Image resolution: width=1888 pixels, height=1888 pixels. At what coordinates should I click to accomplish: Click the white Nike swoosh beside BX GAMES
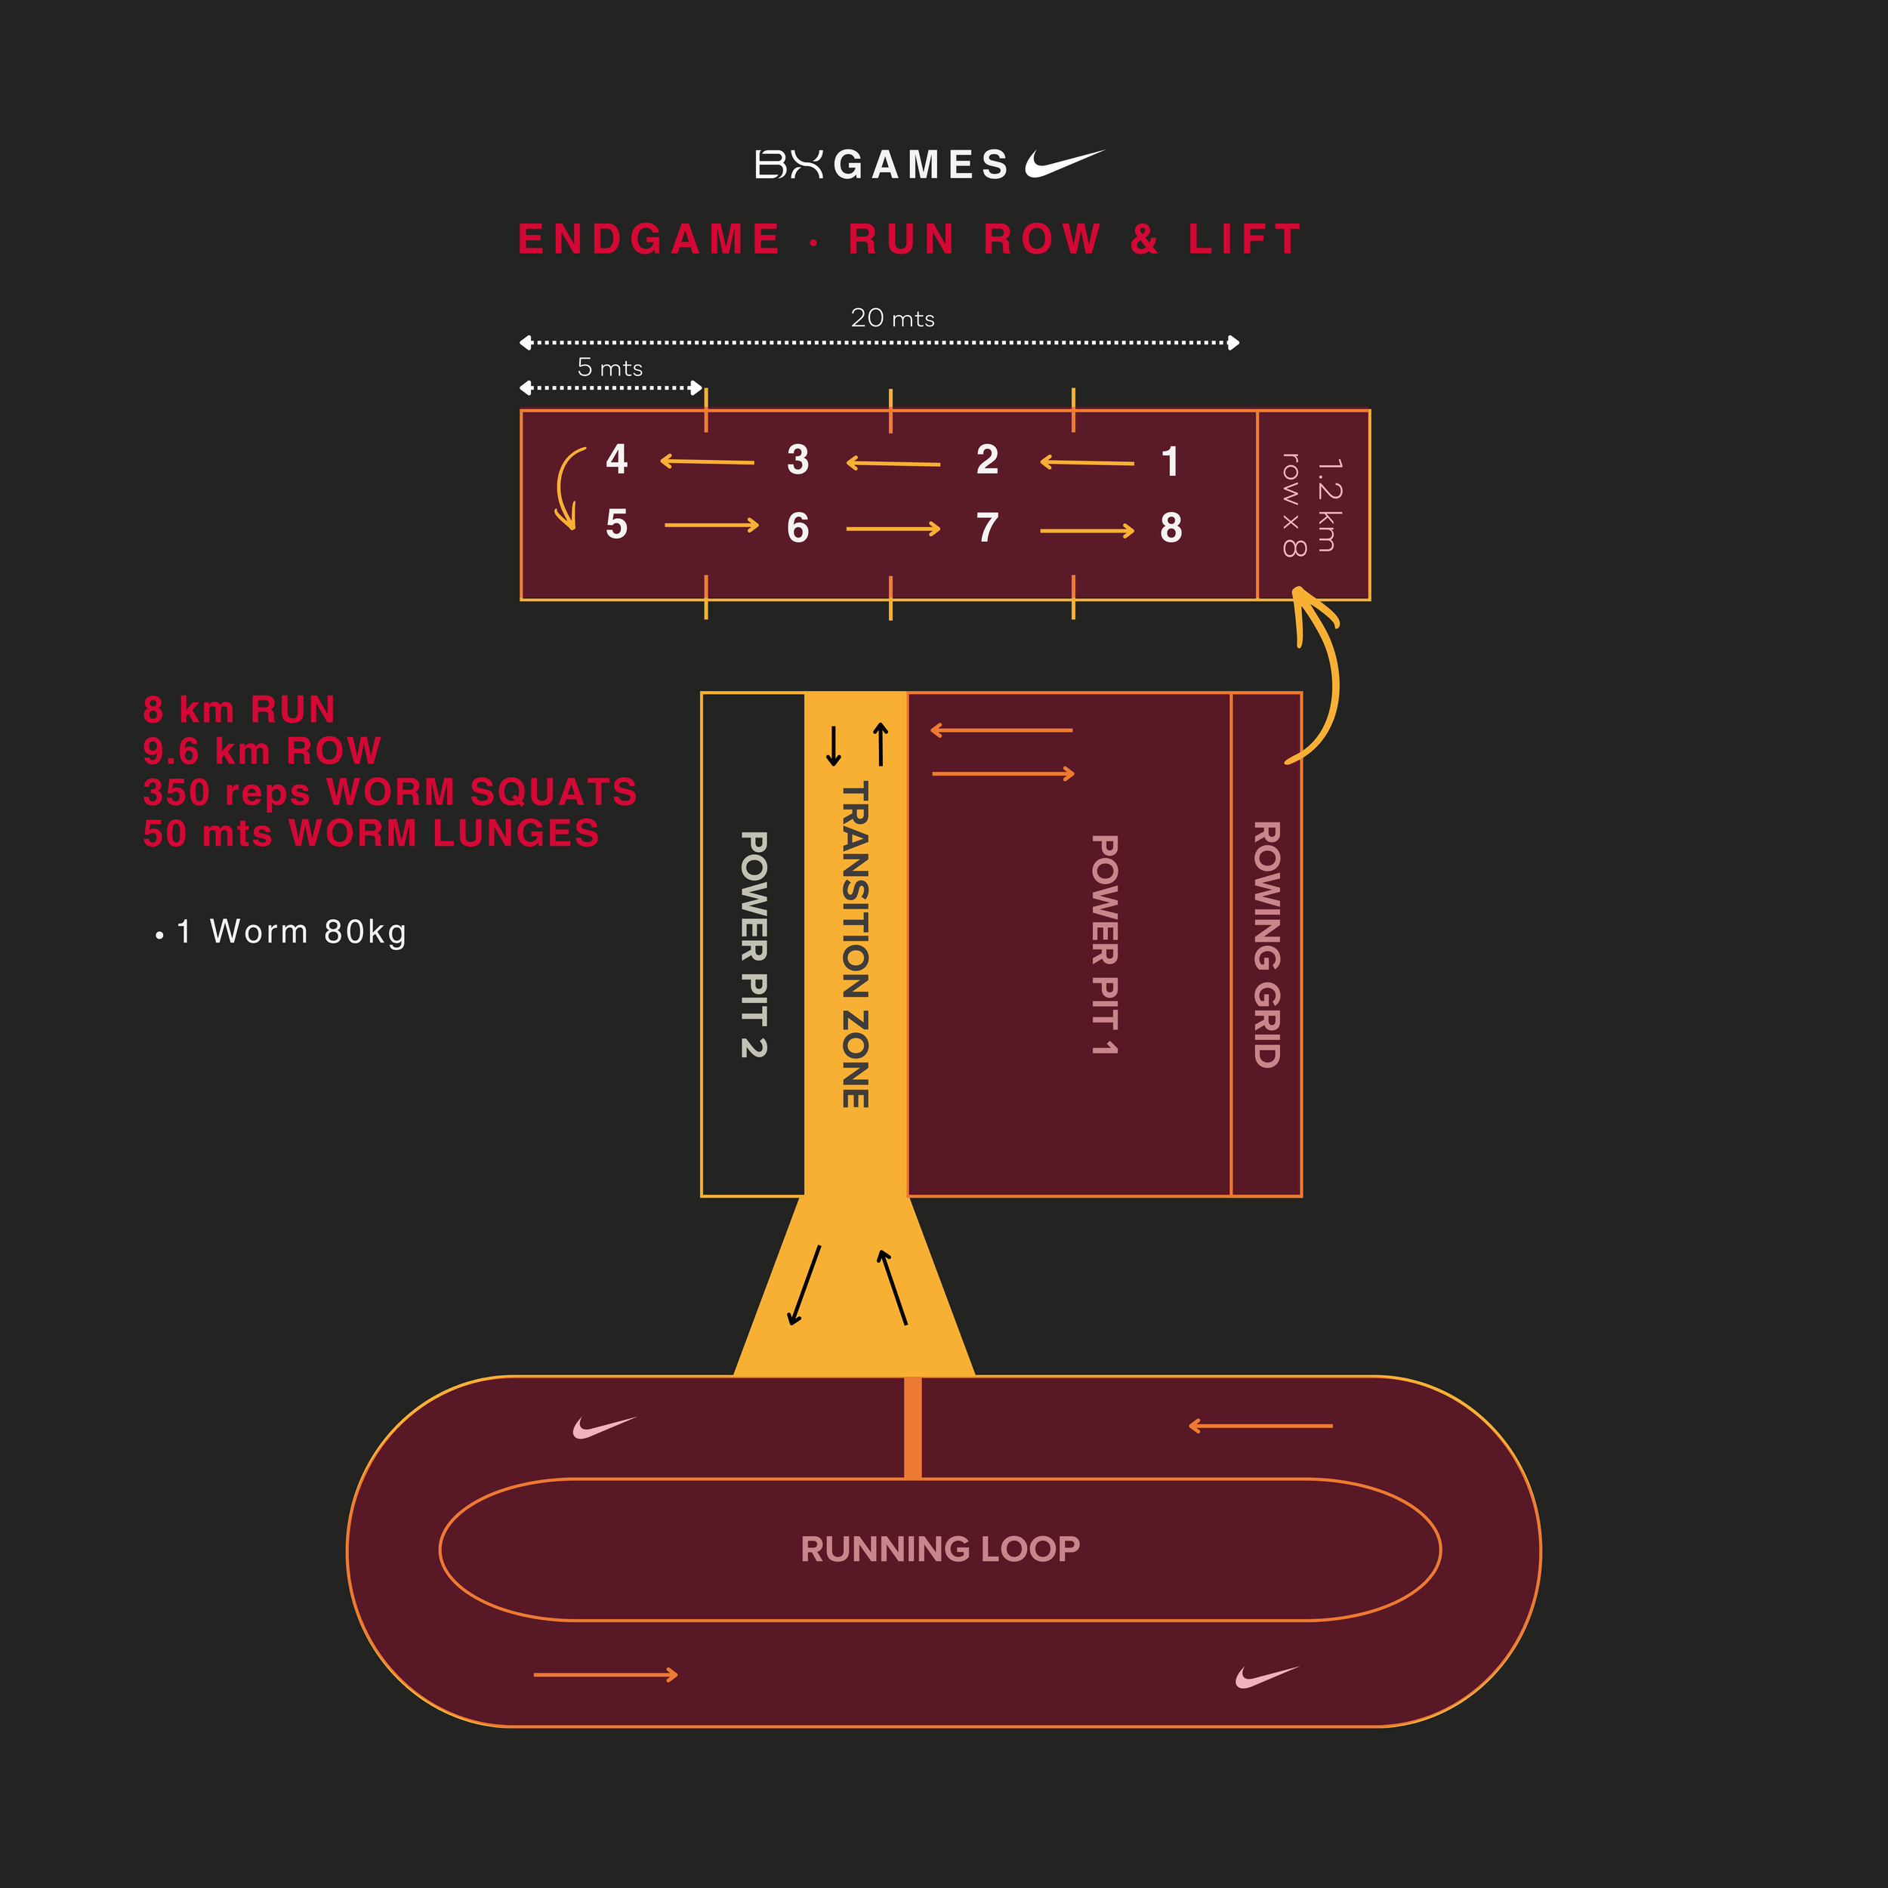click(x=1063, y=163)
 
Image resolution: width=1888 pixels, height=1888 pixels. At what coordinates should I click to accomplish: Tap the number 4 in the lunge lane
click(x=617, y=459)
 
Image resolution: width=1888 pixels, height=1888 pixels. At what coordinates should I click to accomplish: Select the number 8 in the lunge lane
click(x=1171, y=529)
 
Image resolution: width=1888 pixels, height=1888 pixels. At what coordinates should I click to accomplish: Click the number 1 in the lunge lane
click(x=1170, y=462)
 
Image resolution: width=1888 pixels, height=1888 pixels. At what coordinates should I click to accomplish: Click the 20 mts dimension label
click(x=892, y=319)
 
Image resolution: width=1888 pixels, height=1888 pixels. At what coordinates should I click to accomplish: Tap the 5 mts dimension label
click(x=609, y=369)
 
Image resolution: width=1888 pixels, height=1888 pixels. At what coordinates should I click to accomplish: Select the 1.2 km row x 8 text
click(x=1313, y=504)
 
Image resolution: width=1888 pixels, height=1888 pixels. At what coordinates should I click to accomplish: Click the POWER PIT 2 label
click(x=754, y=944)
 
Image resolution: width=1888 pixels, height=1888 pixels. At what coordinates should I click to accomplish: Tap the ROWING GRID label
click(x=1266, y=944)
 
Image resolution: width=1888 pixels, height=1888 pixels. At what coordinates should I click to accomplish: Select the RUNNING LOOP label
click(x=940, y=1549)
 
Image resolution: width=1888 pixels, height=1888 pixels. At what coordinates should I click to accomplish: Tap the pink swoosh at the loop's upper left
click(x=603, y=1428)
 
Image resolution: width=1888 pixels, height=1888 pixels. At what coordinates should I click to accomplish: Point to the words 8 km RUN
click(x=239, y=709)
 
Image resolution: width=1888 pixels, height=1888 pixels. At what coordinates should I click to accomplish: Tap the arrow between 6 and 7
click(x=892, y=529)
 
